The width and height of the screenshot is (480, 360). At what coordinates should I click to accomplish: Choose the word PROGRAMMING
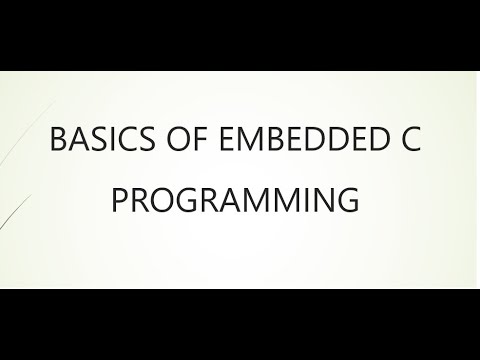pyautogui.click(x=234, y=201)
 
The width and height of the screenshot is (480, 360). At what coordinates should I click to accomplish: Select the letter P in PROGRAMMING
pyautogui.click(x=119, y=201)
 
